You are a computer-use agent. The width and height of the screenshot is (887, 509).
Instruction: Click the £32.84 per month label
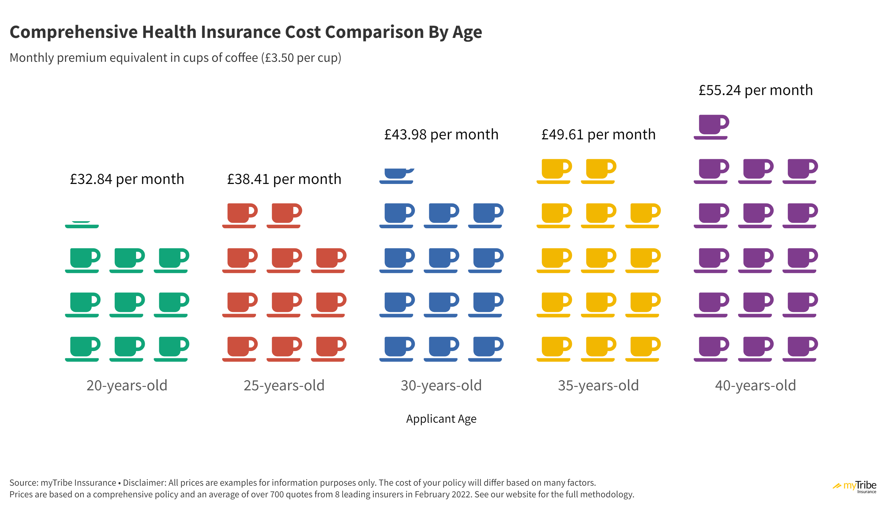pyautogui.click(x=127, y=179)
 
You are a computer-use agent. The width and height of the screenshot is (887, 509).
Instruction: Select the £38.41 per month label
pyautogui.click(x=284, y=179)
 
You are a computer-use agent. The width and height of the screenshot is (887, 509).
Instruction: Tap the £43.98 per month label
pyautogui.click(x=441, y=135)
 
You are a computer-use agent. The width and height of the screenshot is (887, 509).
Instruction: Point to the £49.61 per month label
pyautogui.click(x=598, y=135)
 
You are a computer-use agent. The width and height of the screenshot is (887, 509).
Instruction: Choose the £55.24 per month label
pyautogui.click(x=755, y=90)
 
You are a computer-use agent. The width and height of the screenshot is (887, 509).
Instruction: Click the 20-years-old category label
pyautogui.click(x=127, y=385)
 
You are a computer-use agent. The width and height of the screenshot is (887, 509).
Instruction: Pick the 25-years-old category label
pyautogui.click(x=284, y=385)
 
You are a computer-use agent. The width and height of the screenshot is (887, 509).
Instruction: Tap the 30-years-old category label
pyautogui.click(x=441, y=385)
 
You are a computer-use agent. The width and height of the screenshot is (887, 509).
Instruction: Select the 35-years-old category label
pyautogui.click(x=598, y=385)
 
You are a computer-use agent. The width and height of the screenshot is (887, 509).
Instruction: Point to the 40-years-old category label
pyautogui.click(x=755, y=385)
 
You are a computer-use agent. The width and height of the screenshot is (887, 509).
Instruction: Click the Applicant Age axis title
pyautogui.click(x=441, y=418)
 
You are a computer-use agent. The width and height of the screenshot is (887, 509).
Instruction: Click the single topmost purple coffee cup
pyautogui.click(x=712, y=127)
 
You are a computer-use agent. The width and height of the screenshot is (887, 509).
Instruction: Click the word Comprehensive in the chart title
pyautogui.click(x=74, y=32)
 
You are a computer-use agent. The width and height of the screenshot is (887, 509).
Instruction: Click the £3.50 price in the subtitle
pyautogui.click(x=279, y=58)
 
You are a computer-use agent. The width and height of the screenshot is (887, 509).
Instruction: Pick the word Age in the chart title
pyautogui.click(x=467, y=32)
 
